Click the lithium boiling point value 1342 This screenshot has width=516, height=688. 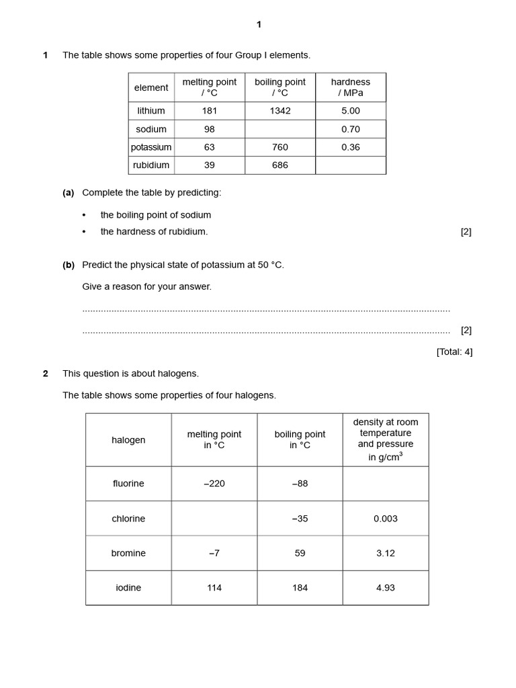[279, 111]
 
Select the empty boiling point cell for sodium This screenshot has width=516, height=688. [279, 129]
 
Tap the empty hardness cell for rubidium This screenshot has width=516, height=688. [350, 165]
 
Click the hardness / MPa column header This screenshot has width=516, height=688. [350, 87]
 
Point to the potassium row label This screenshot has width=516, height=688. [151, 147]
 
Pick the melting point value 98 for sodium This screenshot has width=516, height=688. [210, 129]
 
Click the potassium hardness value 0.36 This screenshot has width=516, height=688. [350, 147]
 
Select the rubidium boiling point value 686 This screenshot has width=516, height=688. [279, 165]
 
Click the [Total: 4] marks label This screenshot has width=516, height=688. [454, 351]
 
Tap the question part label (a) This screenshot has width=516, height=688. [68, 193]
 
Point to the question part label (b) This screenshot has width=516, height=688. [68, 265]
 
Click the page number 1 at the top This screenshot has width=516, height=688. [259, 25]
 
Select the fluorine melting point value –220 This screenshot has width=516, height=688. [214, 484]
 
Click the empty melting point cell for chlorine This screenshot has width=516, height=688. [214, 519]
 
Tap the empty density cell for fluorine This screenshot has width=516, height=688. [385, 484]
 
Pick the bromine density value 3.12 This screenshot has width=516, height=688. [385, 554]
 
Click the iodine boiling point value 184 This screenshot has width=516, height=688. [300, 588]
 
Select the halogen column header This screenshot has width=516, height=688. [128, 440]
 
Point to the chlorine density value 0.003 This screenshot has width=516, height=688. [385, 519]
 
